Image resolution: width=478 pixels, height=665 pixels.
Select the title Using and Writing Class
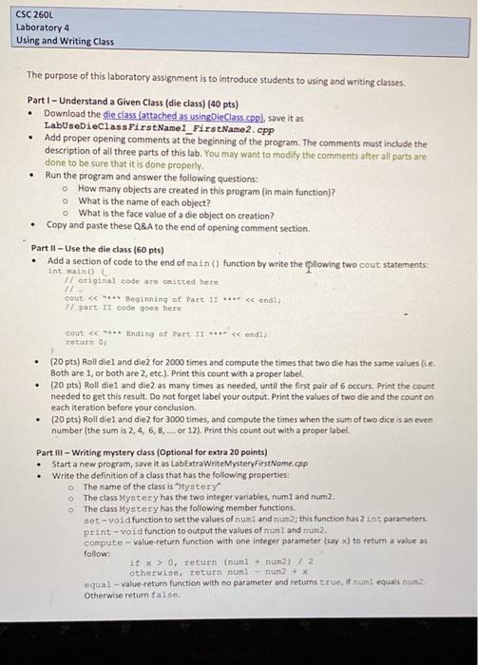(65, 41)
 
